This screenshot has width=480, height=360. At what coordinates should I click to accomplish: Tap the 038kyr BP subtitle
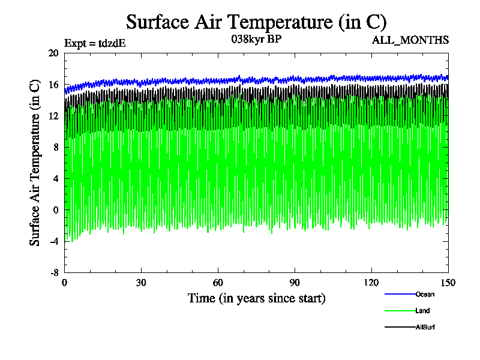point(256,39)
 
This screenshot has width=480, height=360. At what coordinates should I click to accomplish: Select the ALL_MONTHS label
point(410,40)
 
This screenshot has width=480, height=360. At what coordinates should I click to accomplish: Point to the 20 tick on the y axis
point(53,53)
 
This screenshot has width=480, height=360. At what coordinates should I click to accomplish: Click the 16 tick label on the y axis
point(53,85)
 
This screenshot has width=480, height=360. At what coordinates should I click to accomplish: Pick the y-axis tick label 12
point(53,116)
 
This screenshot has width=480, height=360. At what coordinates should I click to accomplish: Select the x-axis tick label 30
point(142,283)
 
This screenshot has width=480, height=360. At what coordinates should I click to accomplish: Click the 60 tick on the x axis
point(218,283)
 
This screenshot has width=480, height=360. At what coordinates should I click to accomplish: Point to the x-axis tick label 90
point(295,283)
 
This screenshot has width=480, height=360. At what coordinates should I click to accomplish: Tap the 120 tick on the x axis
point(371,283)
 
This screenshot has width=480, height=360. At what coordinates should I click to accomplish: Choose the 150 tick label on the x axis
point(448,283)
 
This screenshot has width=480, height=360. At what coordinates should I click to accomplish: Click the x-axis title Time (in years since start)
point(256,298)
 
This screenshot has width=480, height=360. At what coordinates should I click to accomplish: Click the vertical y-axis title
point(35,163)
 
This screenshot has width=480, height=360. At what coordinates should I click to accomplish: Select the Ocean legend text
point(425,294)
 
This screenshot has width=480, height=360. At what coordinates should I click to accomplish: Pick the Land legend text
point(422,311)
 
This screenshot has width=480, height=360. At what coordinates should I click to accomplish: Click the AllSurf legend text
point(425,328)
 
